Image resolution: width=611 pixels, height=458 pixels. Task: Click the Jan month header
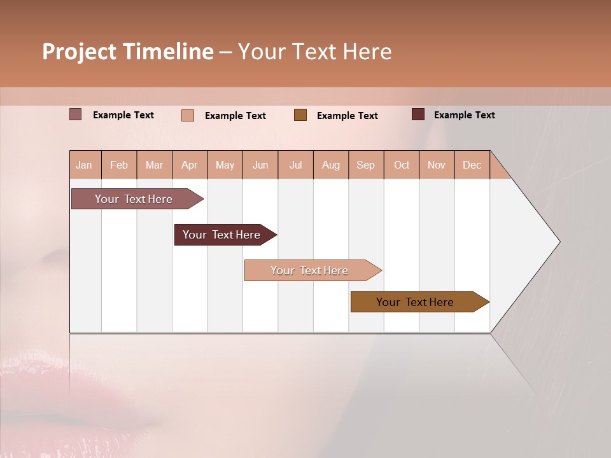coord(85,165)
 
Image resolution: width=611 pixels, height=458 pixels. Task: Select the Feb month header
coord(119,165)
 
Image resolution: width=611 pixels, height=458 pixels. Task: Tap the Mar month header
coord(154,165)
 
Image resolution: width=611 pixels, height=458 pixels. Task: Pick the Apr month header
coord(190,165)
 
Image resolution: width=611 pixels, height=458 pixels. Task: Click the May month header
coord(225,165)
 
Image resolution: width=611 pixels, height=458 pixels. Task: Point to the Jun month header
coord(260,165)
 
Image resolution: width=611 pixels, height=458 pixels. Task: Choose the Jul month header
coord(295,165)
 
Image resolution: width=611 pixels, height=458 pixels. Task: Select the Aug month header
coord(331,165)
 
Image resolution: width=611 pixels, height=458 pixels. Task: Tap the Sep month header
coord(366,165)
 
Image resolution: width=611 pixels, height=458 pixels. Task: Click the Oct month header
coord(402,165)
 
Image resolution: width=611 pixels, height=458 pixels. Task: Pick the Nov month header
coord(437,165)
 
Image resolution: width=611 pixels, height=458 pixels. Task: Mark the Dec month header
coord(472,165)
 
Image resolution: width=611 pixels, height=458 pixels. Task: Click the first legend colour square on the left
coord(76,114)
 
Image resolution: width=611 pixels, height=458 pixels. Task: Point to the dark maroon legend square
coord(418,114)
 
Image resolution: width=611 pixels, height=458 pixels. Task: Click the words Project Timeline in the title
coord(128,52)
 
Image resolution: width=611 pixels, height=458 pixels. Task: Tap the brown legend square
coord(300,114)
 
